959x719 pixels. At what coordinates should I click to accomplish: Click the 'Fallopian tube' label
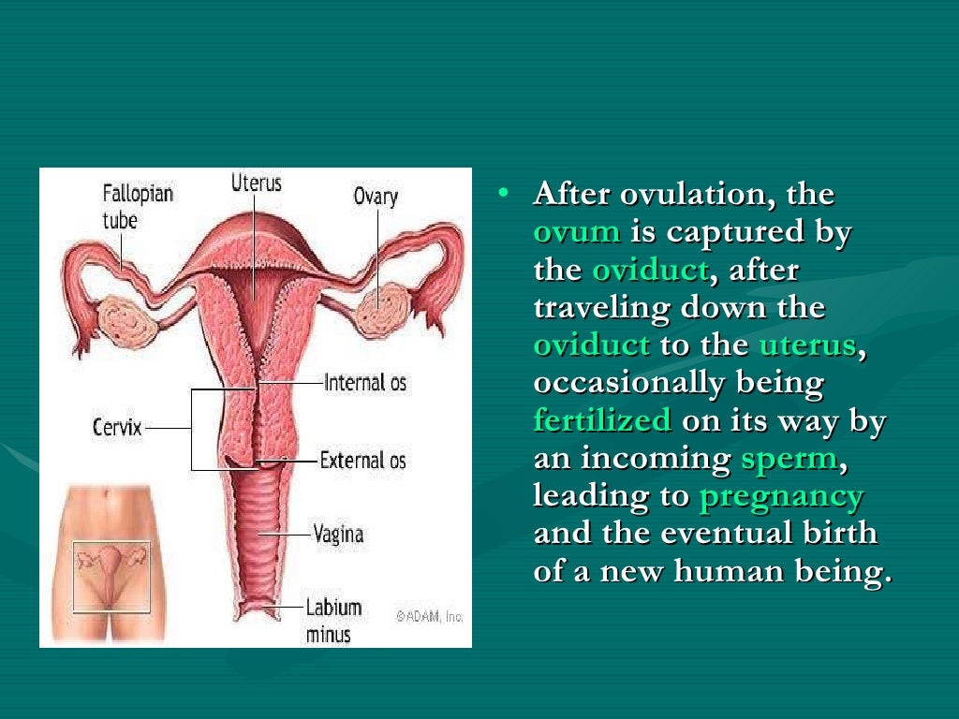coord(138,207)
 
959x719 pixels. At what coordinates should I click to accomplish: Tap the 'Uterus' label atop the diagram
coord(256,182)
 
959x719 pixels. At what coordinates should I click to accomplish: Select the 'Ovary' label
coord(376,197)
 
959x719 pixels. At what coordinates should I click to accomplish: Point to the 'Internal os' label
coord(365,382)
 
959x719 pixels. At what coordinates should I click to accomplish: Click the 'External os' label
coord(363,460)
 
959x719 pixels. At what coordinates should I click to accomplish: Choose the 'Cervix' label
coord(117,428)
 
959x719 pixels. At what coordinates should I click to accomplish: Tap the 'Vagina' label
coord(338,535)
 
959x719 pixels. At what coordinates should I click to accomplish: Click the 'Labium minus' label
coord(332,620)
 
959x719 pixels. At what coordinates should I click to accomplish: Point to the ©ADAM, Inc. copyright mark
coord(429,616)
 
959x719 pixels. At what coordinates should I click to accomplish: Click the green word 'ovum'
coord(577,232)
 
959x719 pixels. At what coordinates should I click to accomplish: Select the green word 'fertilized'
coord(602,420)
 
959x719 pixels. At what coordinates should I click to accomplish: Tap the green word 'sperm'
coord(788,459)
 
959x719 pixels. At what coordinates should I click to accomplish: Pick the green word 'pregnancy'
coord(781,496)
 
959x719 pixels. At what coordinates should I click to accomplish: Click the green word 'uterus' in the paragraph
coord(807,345)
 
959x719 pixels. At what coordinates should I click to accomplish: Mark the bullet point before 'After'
coord(504,193)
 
